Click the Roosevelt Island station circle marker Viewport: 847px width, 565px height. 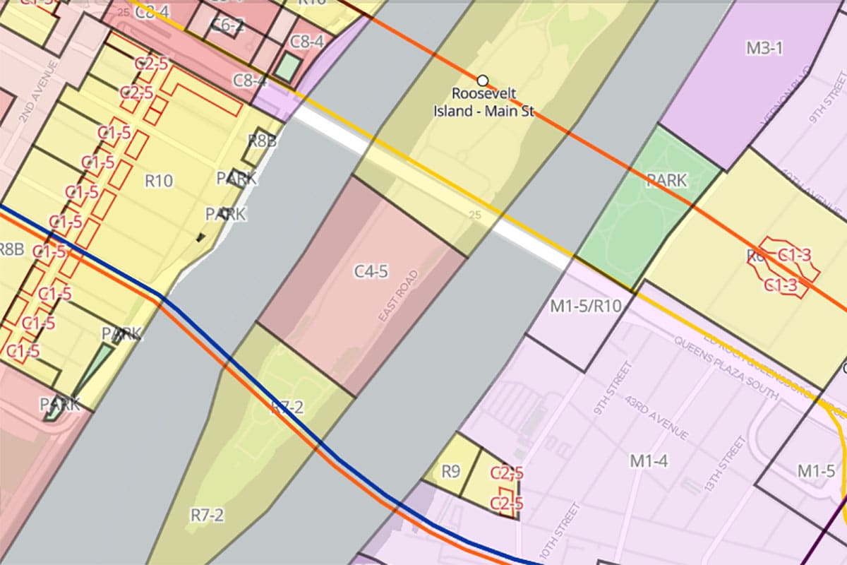(483, 80)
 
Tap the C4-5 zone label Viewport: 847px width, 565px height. (371, 271)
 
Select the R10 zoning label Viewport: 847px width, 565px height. (159, 181)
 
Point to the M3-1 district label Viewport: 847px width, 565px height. (764, 48)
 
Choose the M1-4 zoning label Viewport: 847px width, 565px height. (649, 461)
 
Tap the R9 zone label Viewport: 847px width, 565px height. (450, 470)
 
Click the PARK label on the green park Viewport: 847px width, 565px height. (666, 181)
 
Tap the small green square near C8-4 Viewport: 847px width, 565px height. (287, 66)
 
